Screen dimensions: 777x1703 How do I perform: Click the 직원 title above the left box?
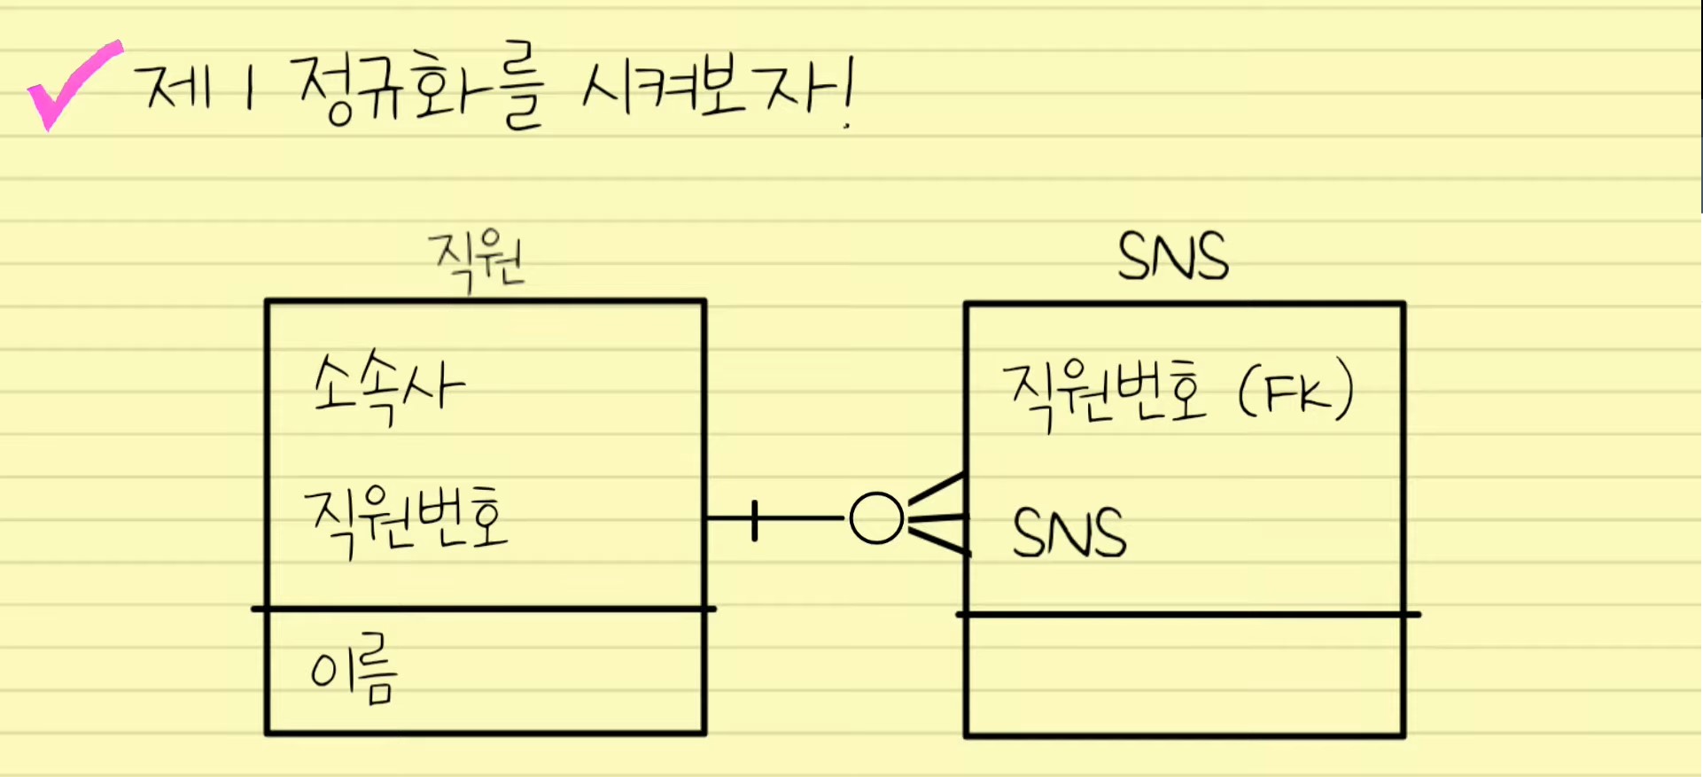point(477,260)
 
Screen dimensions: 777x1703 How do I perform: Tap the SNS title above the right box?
point(1172,257)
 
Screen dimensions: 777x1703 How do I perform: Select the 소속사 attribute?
point(388,387)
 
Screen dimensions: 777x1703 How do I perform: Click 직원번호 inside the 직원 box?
point(406,521)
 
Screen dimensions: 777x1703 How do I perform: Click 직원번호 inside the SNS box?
point(1104,392)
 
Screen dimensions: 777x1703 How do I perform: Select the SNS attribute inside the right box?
point(1069,532)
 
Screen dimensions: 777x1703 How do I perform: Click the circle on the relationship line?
point(876,518)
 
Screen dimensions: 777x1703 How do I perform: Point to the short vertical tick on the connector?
point(754,520)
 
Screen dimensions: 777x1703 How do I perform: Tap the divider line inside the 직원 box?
point(484,610)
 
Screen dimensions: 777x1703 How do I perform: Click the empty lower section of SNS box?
point(1184,675)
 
